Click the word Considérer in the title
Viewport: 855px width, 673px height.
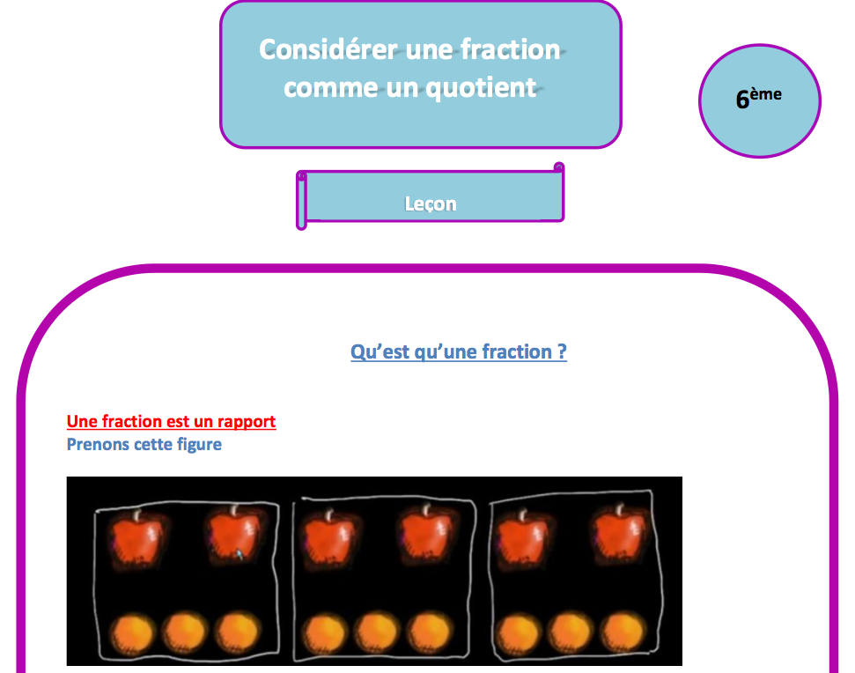(x=328, y=49)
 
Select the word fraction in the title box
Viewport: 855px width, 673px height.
(x=511, y=49)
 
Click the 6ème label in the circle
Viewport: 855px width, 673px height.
(x=758, y=98)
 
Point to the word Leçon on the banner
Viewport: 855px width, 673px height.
(x=431, y=204)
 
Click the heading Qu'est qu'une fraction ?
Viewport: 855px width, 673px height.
(x=459, y=351)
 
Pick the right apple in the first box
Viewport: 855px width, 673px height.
(x=235, y=535)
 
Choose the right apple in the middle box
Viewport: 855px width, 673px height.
(x=426, y=535)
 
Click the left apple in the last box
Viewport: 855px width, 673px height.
(x=523, y=538)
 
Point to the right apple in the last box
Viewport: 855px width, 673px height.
(x=620, y=534)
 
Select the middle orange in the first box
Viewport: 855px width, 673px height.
(x=186, y=632)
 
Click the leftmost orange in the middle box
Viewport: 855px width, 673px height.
(x=324, y=633)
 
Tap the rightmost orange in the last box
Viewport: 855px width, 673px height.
(x=623, y=632)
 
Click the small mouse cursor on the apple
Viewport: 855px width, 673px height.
(x=240, y=554)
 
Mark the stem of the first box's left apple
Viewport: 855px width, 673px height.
(x=137, y=514)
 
